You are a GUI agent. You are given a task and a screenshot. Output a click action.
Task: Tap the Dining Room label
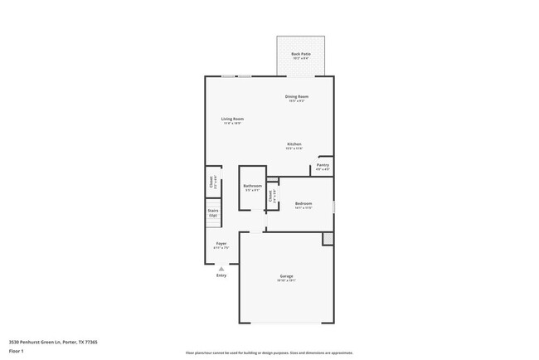click(x=296, y=97)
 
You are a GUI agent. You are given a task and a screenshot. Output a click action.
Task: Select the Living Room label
click(x=231, y=119)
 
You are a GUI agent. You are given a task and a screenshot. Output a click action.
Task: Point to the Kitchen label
click(x=294, y=144)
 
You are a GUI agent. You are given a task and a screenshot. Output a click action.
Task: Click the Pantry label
click(x=323, y=165)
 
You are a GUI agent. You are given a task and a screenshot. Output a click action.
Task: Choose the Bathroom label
click(x=252, y=186)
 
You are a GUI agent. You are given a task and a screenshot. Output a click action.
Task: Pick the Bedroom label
click(x=303, y=203)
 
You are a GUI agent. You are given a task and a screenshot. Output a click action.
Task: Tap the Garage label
click(x=285, y=276)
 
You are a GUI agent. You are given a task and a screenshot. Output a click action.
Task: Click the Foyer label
click(x=221, y=244)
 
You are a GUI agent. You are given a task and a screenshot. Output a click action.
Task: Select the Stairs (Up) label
click(x=213, y=212)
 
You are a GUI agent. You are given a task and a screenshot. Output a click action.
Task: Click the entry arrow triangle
click(x=221, y=269)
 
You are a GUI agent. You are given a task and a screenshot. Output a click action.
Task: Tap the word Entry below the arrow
click(x=221, y=275)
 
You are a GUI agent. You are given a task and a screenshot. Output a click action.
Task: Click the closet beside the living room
click(x=212, y=181)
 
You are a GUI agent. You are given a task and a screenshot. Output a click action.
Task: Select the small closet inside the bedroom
click(x=271, y=197)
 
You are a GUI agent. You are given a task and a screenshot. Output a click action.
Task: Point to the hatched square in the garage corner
click(x=328, y=239)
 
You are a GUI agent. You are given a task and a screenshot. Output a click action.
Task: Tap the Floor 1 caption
click(x=15, y=352)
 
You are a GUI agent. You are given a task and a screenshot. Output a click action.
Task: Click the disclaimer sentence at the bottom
click(x=269, y=352)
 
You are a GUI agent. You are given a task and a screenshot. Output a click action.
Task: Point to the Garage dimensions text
click(x=285, y=281)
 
